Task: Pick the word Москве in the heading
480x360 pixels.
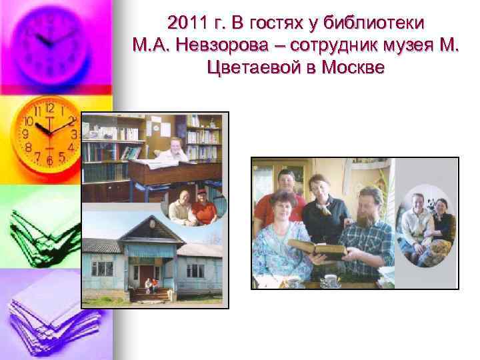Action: coord(353,67)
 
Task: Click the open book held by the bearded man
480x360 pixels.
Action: coord(330,251)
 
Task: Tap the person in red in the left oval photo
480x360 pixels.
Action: coord(203,207)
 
